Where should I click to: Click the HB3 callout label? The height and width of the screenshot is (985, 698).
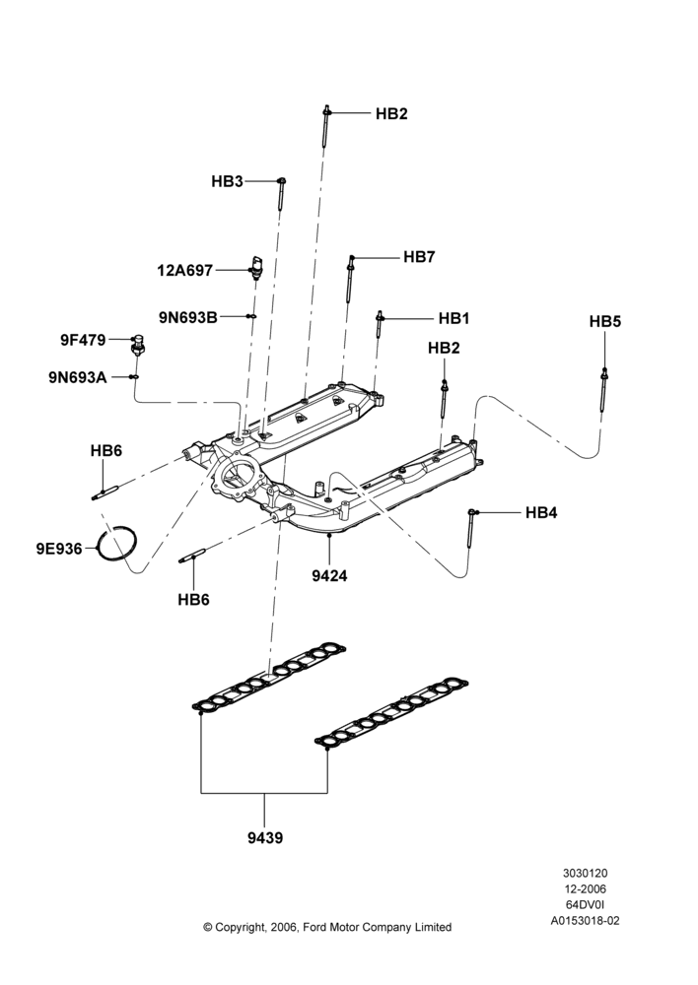pyautogui.click(x=227, y=181)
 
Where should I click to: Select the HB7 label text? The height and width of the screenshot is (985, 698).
pyautogui.click(x=419, y=257)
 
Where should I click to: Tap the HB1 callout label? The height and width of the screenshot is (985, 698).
pyautogui.click(x=454, y=318)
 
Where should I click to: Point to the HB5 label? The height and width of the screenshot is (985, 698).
pyautogui.click(x=605, y=322)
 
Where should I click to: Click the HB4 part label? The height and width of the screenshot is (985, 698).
pyautogui.click(x=541, y=513)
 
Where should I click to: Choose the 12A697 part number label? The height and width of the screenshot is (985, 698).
pyautogui.click(x=185, y=271)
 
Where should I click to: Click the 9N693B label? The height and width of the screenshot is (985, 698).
pyautogui.click(x=188, y=317)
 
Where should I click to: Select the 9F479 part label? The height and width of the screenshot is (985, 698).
pyautogui.click(x=83, y=340)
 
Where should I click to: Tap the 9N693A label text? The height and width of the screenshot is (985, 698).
pyautogui.click(x=78, y=377)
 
